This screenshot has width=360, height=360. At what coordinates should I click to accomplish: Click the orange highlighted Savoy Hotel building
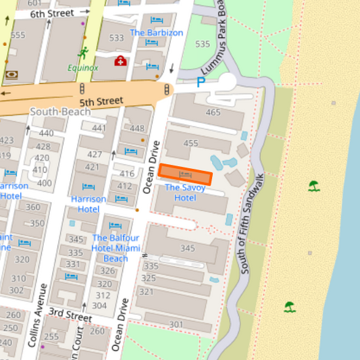[185, 174]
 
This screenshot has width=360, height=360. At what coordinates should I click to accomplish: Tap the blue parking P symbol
[200, 82]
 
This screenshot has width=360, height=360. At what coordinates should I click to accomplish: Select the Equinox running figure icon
[82, 53]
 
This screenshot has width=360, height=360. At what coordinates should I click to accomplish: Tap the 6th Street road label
[51, 13]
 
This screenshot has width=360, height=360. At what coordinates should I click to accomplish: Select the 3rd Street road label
[70, 316]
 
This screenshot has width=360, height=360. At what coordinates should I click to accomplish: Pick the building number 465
[213, 112]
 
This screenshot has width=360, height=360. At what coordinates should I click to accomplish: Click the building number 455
[190, 143]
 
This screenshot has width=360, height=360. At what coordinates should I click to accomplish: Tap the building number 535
[202, 44]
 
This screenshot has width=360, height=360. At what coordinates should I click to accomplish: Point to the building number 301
[176, 325]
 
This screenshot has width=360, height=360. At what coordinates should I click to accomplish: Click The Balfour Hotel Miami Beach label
[115, 248]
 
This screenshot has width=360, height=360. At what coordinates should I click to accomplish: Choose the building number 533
[117, 38]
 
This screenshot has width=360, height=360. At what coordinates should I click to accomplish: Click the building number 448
[136, 128]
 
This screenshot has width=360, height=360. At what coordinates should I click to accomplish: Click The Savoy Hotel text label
[185, 192]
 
